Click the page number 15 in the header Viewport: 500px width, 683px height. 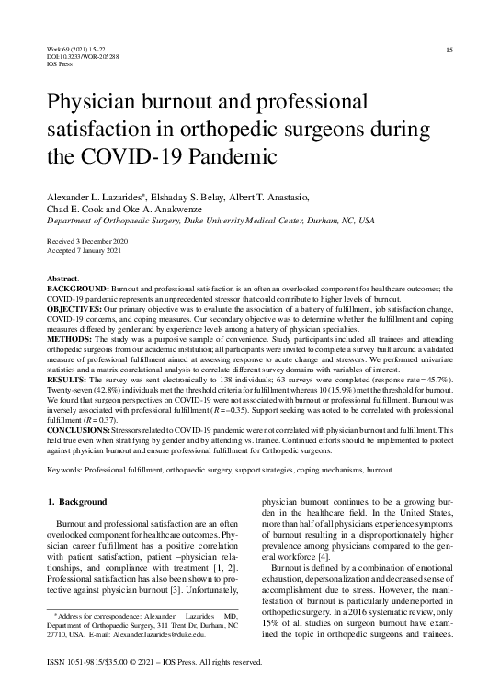(x=449, y=49)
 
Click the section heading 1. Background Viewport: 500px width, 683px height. (x=76, y=502)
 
